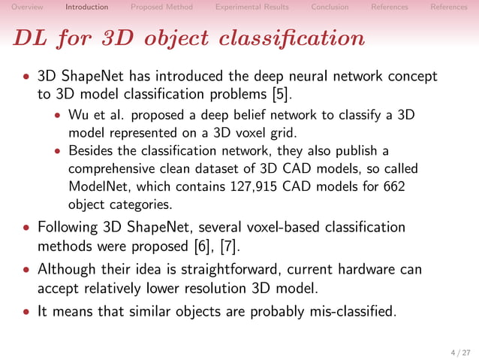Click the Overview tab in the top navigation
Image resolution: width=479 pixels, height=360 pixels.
click(x=27, y=8)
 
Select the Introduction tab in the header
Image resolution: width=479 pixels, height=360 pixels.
click(x=86, y=8)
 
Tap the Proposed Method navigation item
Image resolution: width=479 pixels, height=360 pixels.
click(x=161, y=8)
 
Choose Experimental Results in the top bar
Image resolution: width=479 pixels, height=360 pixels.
click(x=252, y=8)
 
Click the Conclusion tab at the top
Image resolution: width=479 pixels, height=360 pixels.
click(x=330, y=8)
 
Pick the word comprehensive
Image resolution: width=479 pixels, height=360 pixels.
click(x=110, y=169)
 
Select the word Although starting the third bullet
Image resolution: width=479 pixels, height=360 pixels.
click(x=66, y=269)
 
